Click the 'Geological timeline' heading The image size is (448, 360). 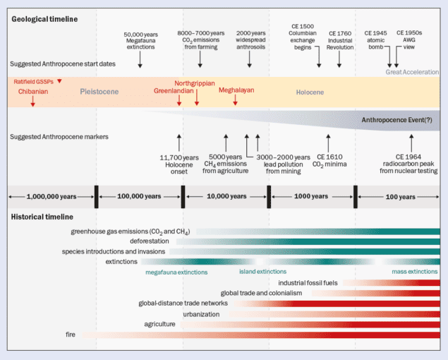44,18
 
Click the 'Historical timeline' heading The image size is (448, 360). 42,216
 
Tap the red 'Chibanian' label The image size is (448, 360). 32,91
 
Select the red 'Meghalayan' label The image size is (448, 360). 236,90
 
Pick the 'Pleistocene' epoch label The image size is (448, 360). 99,92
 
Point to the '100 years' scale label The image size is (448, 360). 400,196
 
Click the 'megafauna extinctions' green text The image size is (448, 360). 176,272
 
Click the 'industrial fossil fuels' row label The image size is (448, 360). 308,282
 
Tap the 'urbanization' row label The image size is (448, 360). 201,314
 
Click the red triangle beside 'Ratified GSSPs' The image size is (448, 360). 60,81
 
